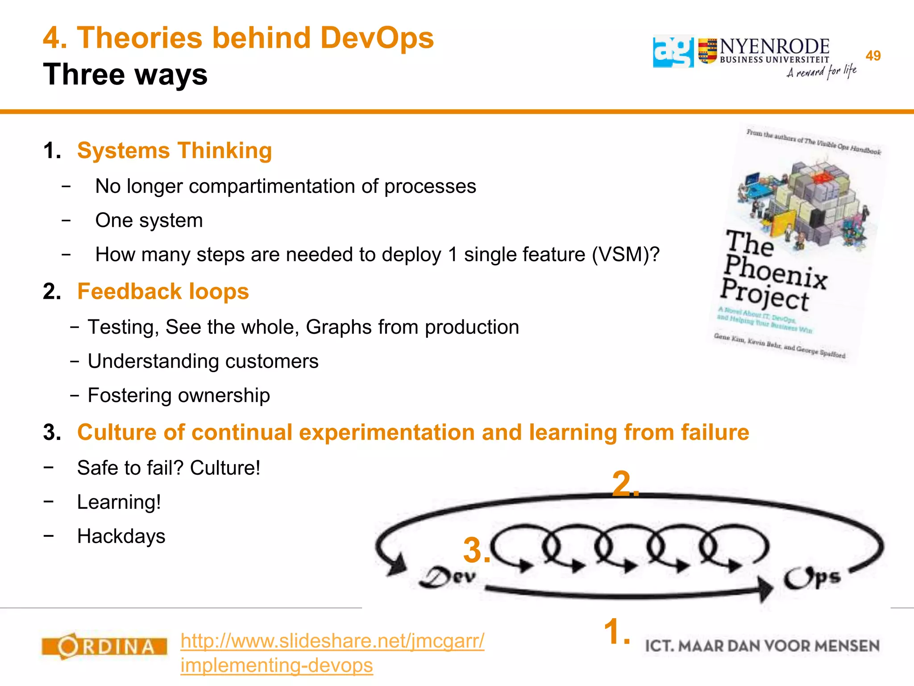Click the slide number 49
pos(872,56)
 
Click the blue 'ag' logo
pos(673,52)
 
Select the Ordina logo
pos(104,646)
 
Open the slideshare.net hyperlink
pos(332,653)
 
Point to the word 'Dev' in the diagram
pos(448,577)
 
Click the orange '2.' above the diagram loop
pos(625,484)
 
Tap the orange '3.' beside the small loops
pos(477,550)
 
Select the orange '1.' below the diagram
pos(617,632)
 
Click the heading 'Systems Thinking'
pos(174,151)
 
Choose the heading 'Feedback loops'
pos(163,292)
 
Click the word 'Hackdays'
pos(121,536)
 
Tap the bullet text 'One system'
pos(149,221)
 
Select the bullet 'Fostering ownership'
pos(179,396)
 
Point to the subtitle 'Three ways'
pos(125,74)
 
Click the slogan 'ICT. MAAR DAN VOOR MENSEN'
pos(762,646)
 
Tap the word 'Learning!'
pos(119,502)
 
